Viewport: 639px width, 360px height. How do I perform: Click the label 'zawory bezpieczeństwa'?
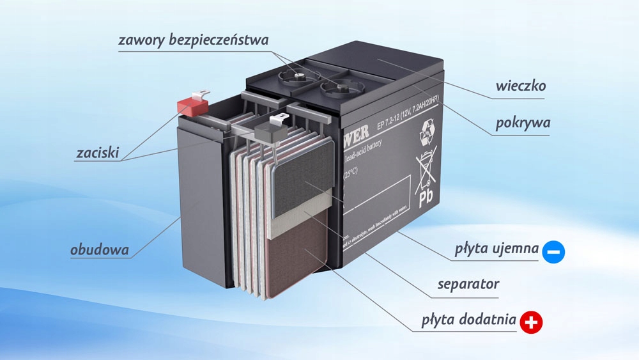click(x=194, y=40)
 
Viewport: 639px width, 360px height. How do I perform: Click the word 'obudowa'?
click(x=100, y=249)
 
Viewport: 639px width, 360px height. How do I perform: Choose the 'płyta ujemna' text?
click(x=497, y=249)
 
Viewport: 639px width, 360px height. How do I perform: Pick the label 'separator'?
click(x=468, y=283)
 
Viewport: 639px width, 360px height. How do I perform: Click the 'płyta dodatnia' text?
click(x=469, y=320)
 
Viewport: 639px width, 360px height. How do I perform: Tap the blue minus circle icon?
click(x=553, y=252)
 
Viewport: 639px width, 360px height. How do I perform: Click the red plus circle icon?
click(x=531, y=323)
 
